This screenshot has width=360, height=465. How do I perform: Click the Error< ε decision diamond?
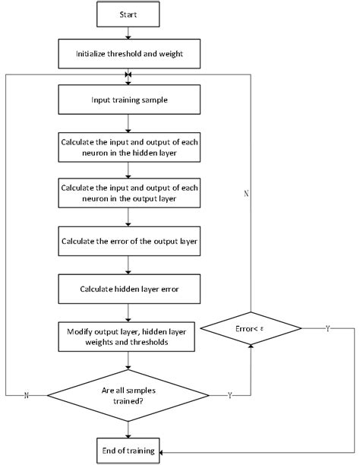251,329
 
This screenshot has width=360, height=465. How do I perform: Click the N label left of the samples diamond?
27,395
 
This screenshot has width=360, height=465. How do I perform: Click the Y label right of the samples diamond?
229,395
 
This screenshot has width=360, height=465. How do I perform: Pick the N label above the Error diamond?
245,195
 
